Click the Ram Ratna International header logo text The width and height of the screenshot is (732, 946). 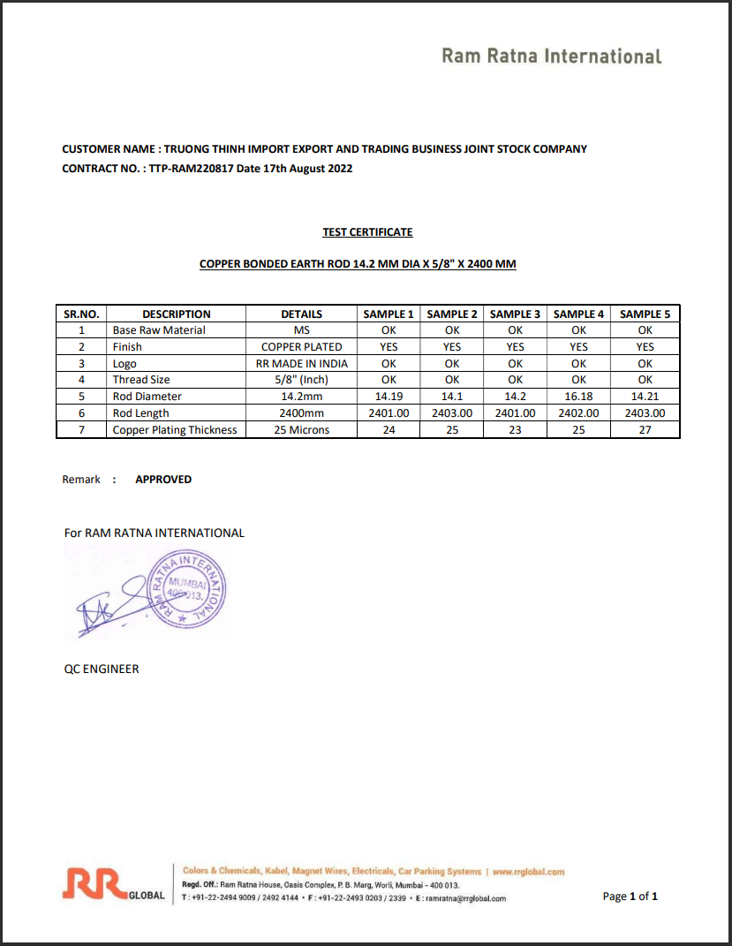551,57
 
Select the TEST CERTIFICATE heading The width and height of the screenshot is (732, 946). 367,232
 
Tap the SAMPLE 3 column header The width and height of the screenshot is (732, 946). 516,314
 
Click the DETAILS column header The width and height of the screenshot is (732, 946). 301,314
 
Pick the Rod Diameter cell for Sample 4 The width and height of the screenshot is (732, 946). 578,397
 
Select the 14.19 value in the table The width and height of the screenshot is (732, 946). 389,397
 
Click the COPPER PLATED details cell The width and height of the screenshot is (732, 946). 301,347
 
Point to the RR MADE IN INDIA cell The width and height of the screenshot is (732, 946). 301,364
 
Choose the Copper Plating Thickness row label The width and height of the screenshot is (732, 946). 175,430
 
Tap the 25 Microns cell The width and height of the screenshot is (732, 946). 301,430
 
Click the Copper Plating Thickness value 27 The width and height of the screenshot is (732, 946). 645,430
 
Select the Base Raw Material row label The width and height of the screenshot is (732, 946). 159,330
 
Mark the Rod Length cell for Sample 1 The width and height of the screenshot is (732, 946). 389,413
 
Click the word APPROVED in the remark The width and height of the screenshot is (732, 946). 163,480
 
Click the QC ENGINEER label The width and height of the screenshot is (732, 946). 102,670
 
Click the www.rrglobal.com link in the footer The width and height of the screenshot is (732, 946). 528,872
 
